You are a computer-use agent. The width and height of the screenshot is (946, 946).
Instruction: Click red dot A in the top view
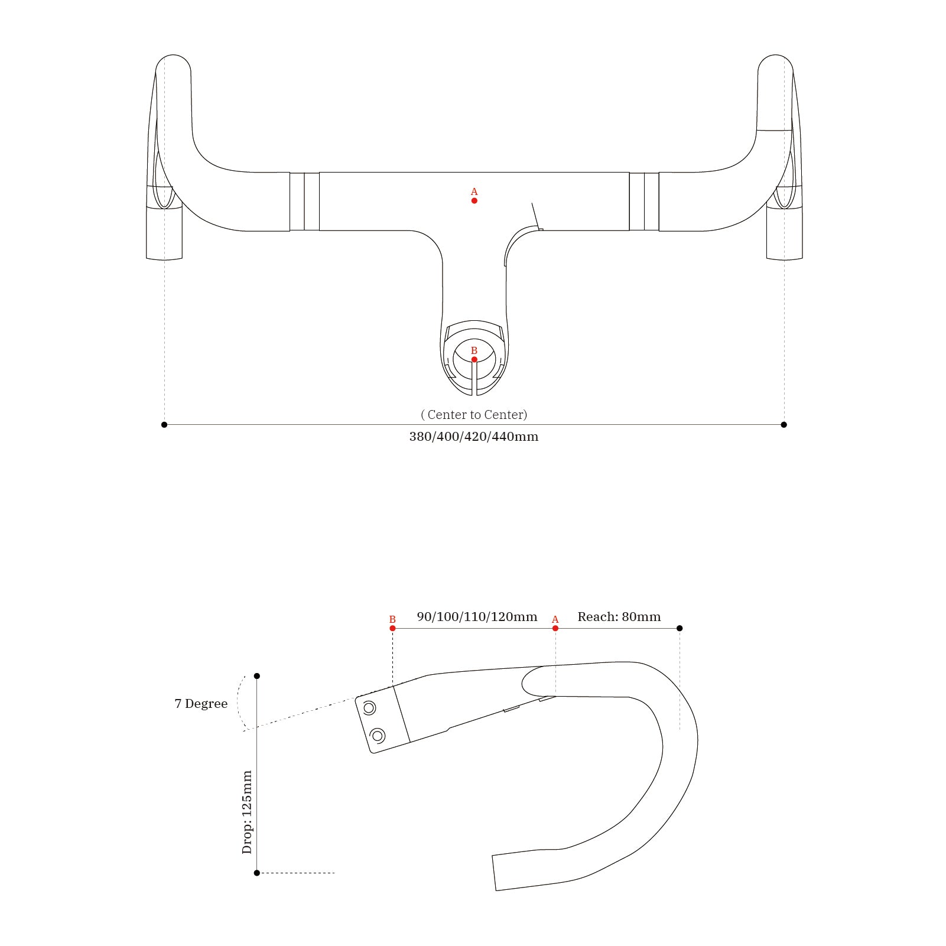coord(474,201)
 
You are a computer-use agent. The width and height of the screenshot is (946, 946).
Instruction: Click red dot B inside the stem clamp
coord(474,359)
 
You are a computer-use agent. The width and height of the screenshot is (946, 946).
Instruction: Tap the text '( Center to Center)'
coord(474,415)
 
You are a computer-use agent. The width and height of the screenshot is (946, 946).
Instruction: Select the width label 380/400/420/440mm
coord(474,437)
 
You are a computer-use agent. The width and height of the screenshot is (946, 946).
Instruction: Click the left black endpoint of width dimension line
coord(164,424)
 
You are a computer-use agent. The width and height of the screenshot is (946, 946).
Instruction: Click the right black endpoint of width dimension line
coord(784,424)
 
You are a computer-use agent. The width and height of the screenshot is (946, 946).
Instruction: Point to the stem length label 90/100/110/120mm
coord(477,617)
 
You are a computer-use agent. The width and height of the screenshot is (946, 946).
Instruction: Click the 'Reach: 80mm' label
coord(619,617)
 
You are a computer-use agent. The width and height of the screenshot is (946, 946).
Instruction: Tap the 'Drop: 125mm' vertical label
coord(247,812)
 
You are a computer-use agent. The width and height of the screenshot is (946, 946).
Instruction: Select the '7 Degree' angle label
coord(201,704)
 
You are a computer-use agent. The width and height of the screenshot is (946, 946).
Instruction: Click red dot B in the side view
coord(392,628)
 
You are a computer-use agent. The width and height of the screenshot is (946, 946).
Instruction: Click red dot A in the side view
coord(555,628)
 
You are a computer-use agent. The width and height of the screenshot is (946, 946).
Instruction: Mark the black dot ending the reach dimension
coord(680,628)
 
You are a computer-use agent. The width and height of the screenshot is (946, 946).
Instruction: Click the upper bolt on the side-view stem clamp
coord(369,708)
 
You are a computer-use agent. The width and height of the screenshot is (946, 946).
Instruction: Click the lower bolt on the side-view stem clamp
coord(377,736)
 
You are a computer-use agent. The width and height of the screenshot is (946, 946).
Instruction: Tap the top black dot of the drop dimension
coord(257,676)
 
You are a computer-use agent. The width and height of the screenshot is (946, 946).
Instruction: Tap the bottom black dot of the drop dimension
coord(257,873)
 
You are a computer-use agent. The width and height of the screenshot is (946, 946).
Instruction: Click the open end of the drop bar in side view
coord(495,873)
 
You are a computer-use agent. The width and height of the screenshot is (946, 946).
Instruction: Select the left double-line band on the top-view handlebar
coord(304,201)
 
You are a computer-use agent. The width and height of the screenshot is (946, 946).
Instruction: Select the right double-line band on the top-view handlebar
coord(644,201)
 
